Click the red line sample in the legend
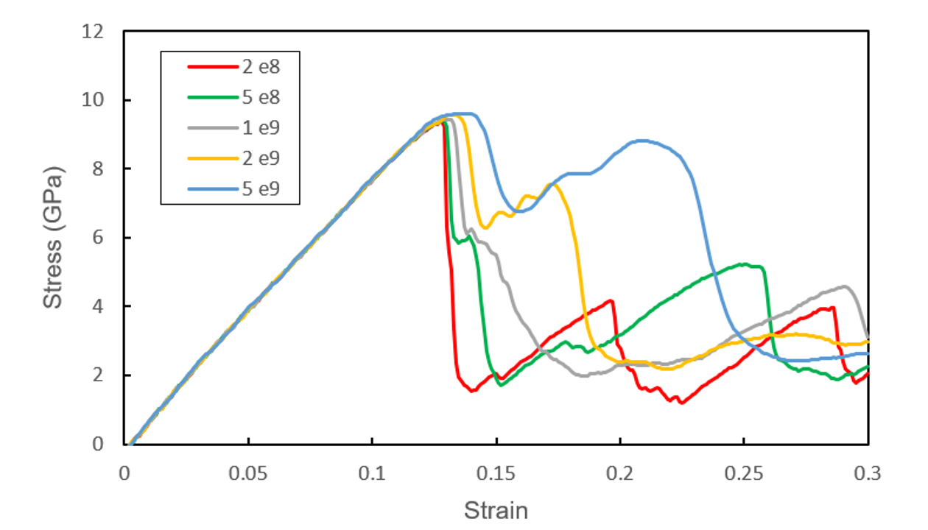click(x=211, y=66)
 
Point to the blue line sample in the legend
click(x=211, y=191)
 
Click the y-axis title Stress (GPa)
click(x=53, y=237)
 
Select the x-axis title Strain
click(x=496, y=510)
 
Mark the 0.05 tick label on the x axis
click(x=248, y=471)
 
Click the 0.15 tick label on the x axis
click(x=496, y=471)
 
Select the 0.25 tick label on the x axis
click(x=745, y=471)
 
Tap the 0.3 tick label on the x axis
click(x=868, y=471)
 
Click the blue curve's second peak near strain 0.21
click(x=643, y=141)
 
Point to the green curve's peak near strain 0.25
click(x=745, y=264)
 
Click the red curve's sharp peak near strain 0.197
click(x=611, y=300)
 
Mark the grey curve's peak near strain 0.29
click(x=844, y=286)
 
